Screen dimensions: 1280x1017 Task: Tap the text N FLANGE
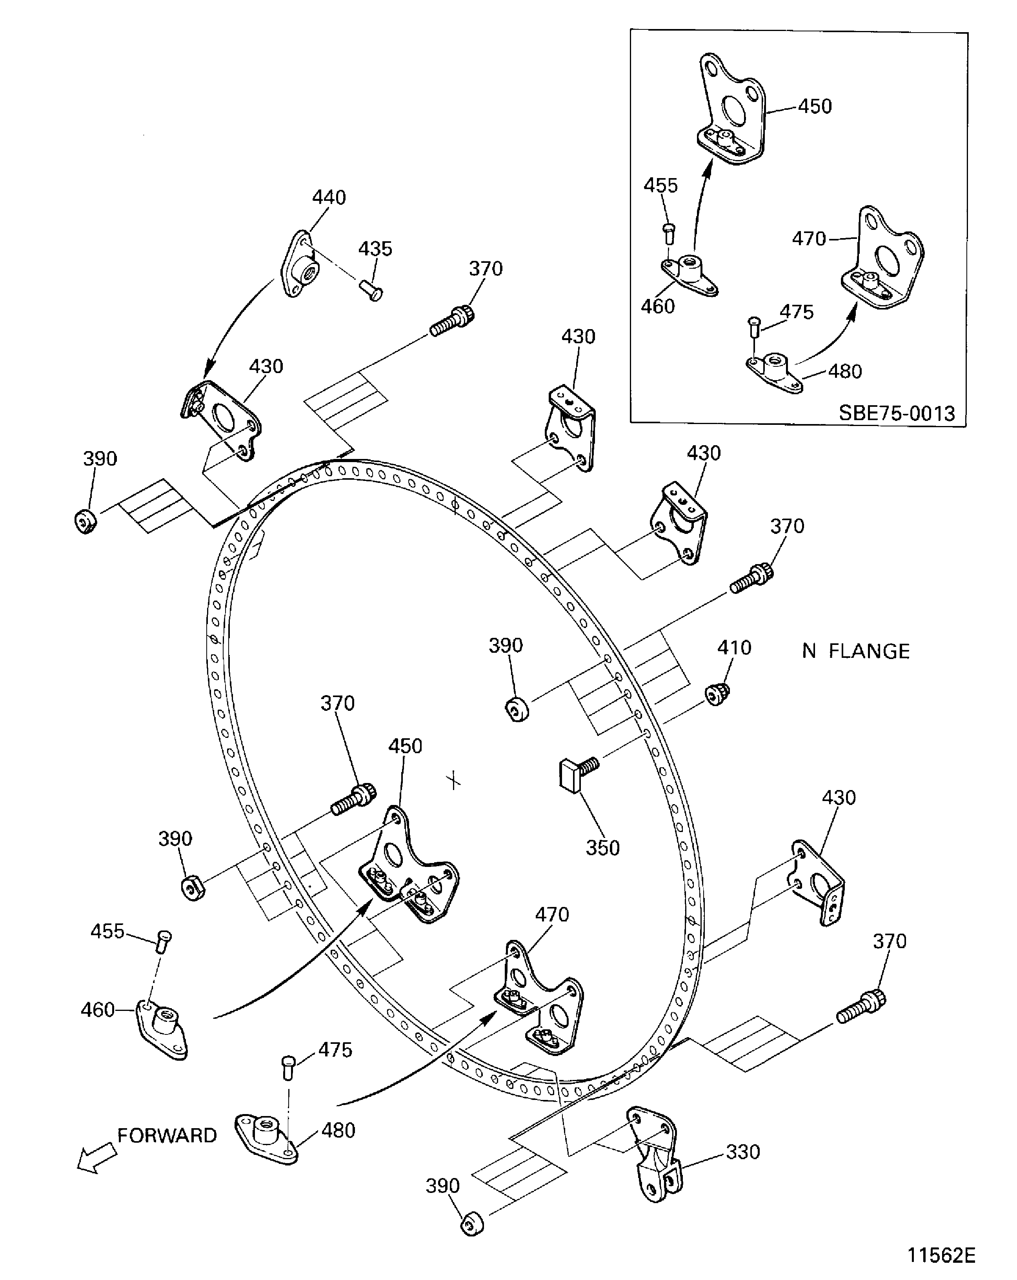[x=855, y=651]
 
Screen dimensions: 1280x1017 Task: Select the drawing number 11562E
[x=941, y=1255]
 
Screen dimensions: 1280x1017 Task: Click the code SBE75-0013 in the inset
[x=897, y=413]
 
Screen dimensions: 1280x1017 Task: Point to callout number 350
[x=602, y=848]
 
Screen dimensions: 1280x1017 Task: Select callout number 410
[x=734, y=647]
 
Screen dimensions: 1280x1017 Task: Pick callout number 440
[x=329, y=197]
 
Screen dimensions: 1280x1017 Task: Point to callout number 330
[x=743, y=1152]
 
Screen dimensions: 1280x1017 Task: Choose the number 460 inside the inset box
[x=658, y=306]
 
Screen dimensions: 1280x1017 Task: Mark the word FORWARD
[x=167, y=1135]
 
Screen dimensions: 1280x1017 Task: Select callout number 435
[x=375, y=249]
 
